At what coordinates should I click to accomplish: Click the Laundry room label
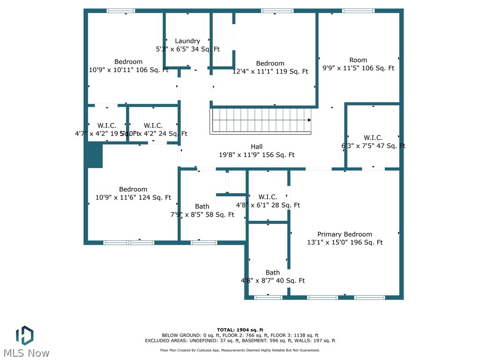coord(187,41)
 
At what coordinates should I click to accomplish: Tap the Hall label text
coord(256,147)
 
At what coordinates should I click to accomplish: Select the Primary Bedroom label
coord(345,234)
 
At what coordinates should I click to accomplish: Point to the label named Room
coord(358,60)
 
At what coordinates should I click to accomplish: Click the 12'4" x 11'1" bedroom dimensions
coord(270,72)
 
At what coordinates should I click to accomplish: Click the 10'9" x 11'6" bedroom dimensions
coord(133,198)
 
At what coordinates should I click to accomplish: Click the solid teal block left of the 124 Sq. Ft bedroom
coord(94,155)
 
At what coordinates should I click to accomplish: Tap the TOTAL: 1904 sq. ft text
coord(240,330)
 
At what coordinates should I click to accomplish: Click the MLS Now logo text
coord(26,352)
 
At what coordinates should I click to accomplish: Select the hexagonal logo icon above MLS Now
coord(24,335)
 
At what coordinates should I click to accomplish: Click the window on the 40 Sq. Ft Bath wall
coord(268,297)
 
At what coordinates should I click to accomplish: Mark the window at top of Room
coord(358,11)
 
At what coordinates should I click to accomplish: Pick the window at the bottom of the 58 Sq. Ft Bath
coord(204,242)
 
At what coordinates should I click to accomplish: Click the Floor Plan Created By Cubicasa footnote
coord(240,350)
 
